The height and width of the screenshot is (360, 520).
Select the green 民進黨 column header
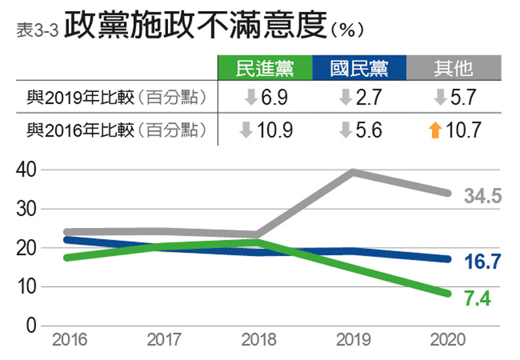265,68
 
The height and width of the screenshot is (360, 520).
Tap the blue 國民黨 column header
359,68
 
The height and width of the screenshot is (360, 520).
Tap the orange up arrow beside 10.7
434,130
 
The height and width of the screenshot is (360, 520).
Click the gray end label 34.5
483,195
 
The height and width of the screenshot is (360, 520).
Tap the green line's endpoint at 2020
447,293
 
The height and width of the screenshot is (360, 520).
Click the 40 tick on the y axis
24,170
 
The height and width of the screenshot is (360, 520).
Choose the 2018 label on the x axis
259,340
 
